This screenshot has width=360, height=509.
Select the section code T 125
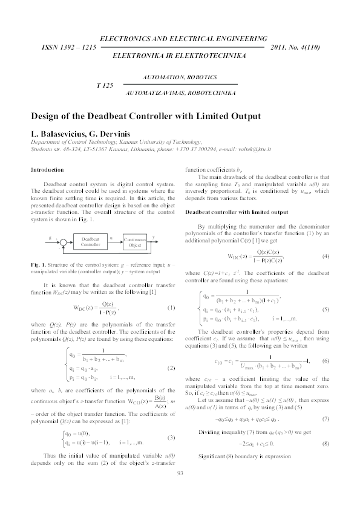105,86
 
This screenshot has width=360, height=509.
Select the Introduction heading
47,170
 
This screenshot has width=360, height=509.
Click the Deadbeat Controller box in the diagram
90,242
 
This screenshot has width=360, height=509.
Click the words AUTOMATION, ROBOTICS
180,79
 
